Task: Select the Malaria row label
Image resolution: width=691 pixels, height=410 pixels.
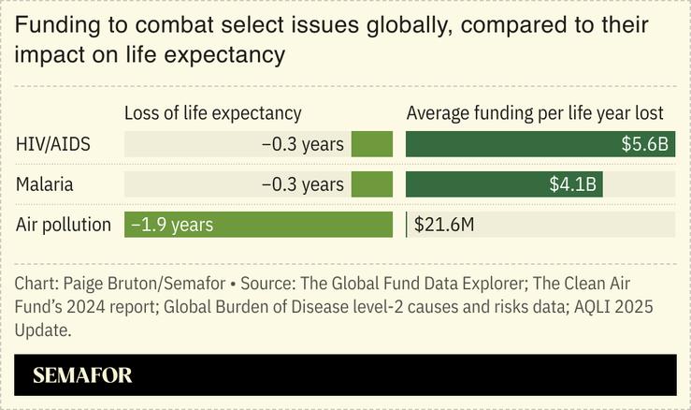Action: pos(46,184)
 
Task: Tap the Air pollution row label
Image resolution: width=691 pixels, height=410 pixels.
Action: pos(64,225)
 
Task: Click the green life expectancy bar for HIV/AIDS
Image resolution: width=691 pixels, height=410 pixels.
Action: pos(372,144)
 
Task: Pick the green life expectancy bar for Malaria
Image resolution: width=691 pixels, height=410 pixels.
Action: pos(372,184)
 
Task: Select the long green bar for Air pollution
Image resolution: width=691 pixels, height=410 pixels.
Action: pos(258,225)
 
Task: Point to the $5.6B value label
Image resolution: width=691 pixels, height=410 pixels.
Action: pos(644,144)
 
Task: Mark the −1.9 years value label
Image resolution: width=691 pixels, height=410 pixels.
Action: pos(173,225)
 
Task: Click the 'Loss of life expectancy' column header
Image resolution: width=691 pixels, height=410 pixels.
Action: pos(213,113)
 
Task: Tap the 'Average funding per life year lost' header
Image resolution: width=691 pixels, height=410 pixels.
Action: pos(534,113)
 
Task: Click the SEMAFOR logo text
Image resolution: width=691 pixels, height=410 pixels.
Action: pos(82,376)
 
